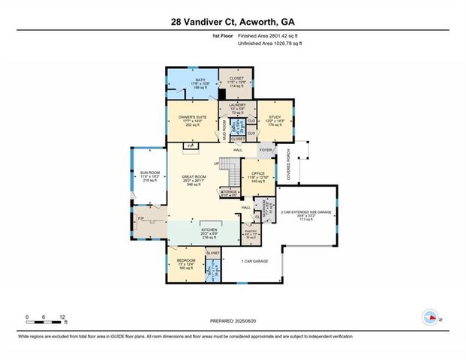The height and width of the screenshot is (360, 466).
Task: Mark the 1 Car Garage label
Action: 255,261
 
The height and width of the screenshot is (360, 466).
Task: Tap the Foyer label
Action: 265,149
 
